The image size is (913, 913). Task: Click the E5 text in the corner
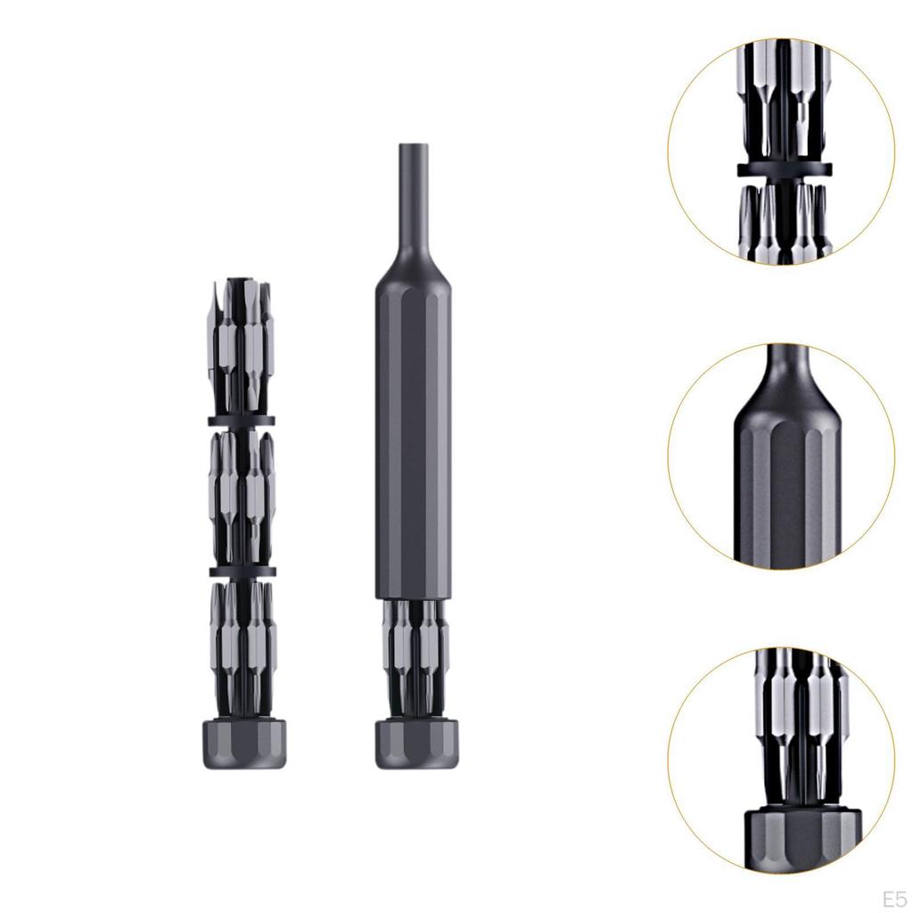pyautogui.click(x=894, y=899)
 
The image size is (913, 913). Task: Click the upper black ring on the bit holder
pyautogui.click(x=241, y=421)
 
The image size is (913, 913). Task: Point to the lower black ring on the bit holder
pyautogui.click(x=243, y=571)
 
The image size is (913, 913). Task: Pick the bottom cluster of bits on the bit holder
pyautogui.click(x=243, y=648)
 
